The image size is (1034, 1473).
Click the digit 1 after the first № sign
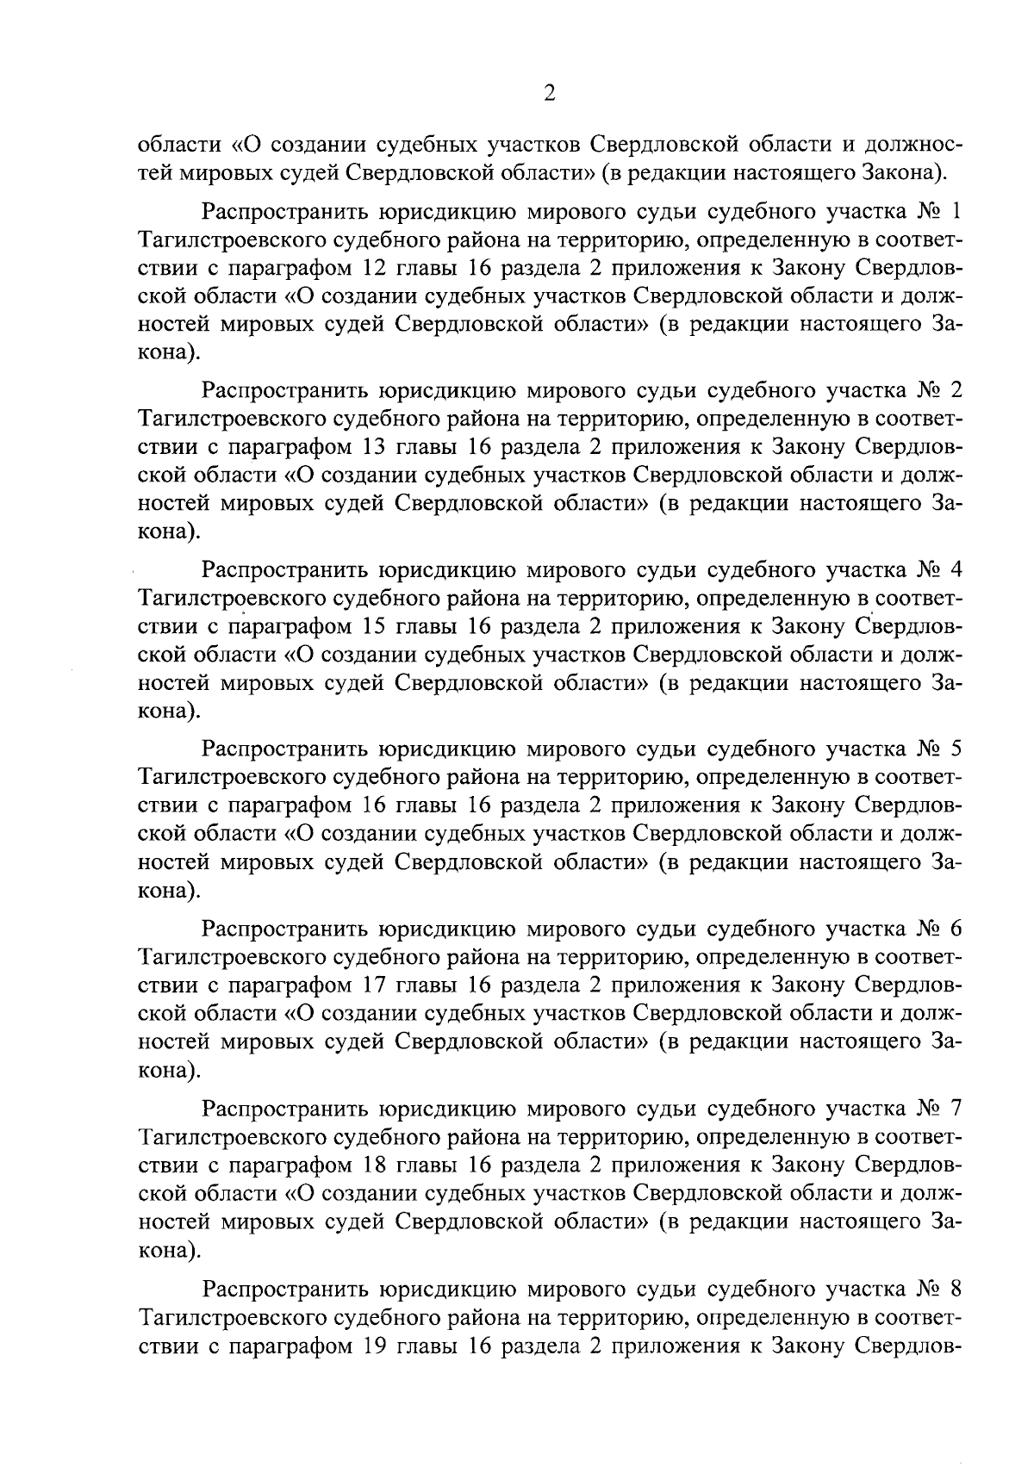click(x=956, y=211)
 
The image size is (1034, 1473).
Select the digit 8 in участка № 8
click(x=955, y=1290)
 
